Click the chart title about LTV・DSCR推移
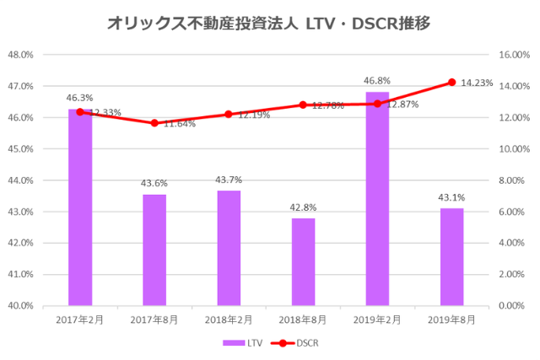point(269,24)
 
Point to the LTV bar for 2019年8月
point(451,256)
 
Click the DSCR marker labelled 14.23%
point(451,83)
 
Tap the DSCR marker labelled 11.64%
point(154,123)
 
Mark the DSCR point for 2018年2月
point(229,114)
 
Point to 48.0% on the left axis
point(20,55)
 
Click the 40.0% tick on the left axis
point(20,305)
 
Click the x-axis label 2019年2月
point(377,320)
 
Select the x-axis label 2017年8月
point(154,320)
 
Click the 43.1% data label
point(451,197)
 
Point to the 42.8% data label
point(303,207)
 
